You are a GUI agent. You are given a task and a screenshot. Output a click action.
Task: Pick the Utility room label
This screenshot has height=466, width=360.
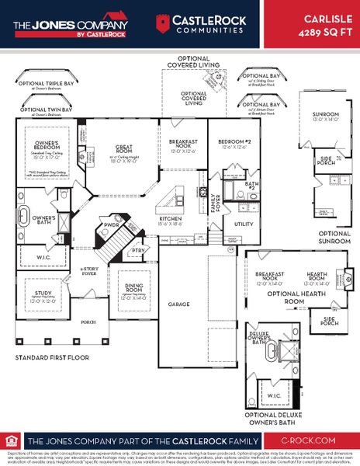243,224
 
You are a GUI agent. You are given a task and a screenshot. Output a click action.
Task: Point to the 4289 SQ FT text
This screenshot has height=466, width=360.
322,33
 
